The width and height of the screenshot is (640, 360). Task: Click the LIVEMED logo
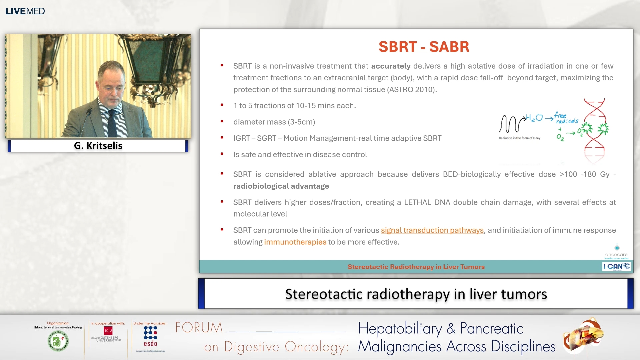click(25, 11)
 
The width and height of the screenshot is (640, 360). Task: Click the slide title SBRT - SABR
click(424, 47)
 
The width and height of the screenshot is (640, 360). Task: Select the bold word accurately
click(391, 66)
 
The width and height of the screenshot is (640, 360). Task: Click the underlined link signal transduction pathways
click(432, 230)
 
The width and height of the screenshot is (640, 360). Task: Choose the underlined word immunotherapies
click(295, 242)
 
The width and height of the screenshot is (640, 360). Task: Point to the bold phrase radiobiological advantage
click(281, 186)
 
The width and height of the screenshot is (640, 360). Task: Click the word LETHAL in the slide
click(418, 202)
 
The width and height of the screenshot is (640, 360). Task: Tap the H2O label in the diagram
click(534, 118)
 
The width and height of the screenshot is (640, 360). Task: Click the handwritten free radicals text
click(566, 118)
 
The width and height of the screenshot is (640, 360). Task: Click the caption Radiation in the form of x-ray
click(519, 138)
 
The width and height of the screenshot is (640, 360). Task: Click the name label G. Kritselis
click(98, 146)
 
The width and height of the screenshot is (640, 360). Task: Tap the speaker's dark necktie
click(112, 123)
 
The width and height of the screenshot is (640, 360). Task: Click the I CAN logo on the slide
click(616, 266)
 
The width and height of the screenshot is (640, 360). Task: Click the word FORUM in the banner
click(199, 328)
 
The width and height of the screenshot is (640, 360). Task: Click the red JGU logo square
click(108, 330)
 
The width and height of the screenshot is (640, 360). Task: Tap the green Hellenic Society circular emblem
click(58, 341)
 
